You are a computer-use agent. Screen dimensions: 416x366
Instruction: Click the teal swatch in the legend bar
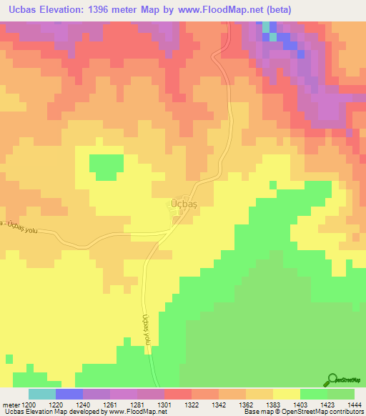pyautogui.click(x=42, y=394)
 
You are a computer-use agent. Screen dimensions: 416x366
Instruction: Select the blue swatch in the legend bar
pyautogui.click(x=69, y=394)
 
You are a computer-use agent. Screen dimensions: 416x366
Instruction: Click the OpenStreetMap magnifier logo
pyautogui.click(x=331, y=379)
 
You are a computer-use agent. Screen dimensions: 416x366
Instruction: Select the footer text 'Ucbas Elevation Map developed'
pyautogui.click(x=54, y=412)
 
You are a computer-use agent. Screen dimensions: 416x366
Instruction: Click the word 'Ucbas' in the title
pyautogui.click(x=21, y=10)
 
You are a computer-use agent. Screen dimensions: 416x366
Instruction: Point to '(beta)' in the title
pyautogui.click(x=341, y=10)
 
